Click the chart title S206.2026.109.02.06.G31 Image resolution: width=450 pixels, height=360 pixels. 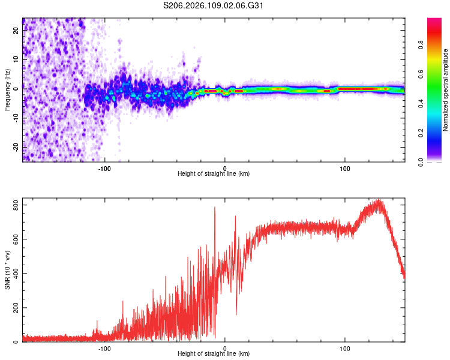point(214,5)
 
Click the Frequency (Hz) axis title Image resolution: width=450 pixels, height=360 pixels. point(7,90)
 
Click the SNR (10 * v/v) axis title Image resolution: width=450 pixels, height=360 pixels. point(7,270)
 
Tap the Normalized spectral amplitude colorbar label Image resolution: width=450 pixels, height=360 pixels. point(446,90)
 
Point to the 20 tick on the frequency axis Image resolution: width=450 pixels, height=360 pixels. point(16,31)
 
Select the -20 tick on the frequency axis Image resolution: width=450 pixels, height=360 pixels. point(14,146)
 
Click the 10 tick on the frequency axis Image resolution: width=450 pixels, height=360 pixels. point(16,60)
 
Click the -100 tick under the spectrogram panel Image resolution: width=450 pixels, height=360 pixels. point(105,168)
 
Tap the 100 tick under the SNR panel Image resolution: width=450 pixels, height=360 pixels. point(345,348)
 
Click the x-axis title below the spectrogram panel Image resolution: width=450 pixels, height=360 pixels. point(214,174)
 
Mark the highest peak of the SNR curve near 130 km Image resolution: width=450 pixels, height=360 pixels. point(379,200)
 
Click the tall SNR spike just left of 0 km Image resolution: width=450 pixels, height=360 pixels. point(215,208)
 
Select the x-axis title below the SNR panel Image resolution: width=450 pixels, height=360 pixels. point(214,354)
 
